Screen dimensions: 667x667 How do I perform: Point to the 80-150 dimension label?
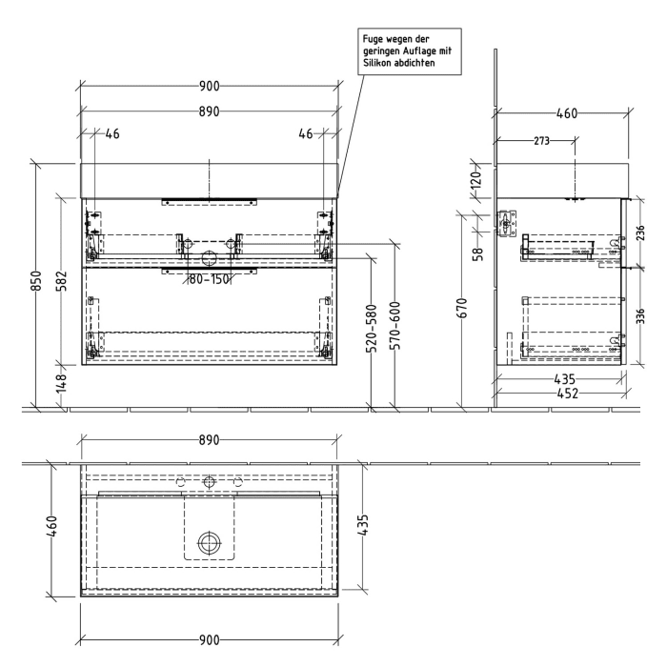pyautogui.click(x=209, y=279)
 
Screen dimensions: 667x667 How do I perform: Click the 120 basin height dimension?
pyautogui.click(x=476, y=177)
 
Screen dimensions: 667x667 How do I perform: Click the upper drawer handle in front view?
pyautogui.click(x=209, y=201)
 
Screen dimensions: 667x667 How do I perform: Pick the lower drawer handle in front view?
pyautogui.click(x=209, y=271)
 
